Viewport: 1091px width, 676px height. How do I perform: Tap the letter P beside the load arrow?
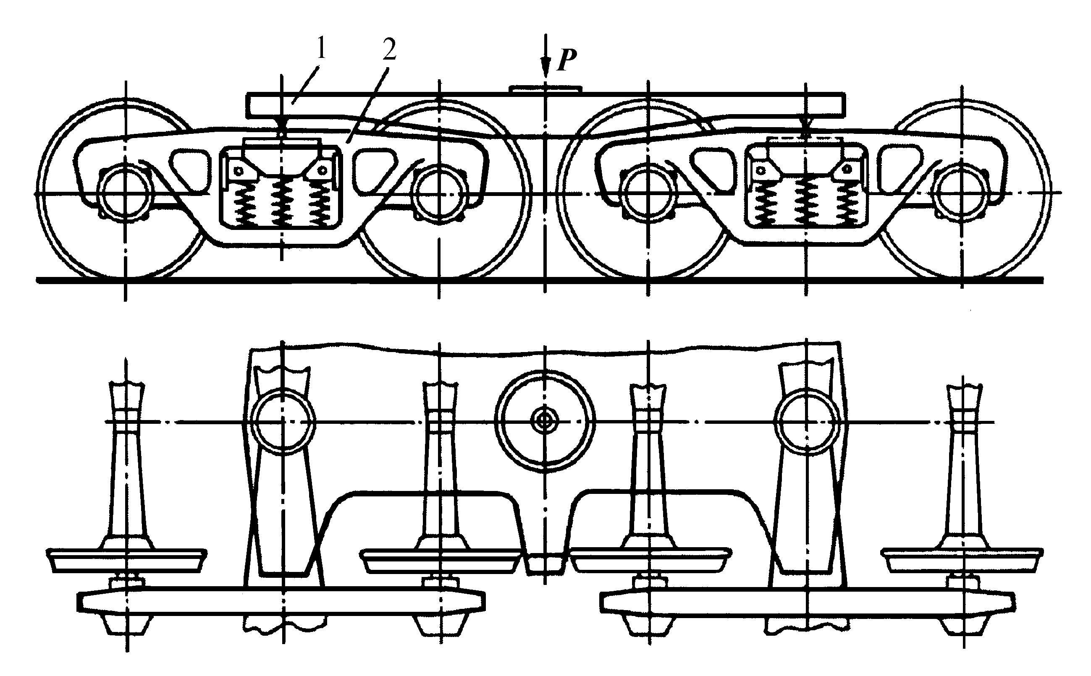[x=566, y=60]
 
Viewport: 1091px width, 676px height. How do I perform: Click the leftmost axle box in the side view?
[x=126, y=193]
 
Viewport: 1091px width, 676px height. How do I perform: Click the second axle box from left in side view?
[x=440, y=193]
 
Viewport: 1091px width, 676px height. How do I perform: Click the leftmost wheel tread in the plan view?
[x=126, y=561]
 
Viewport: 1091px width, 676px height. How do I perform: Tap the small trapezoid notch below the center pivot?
[x=544, y=564]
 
